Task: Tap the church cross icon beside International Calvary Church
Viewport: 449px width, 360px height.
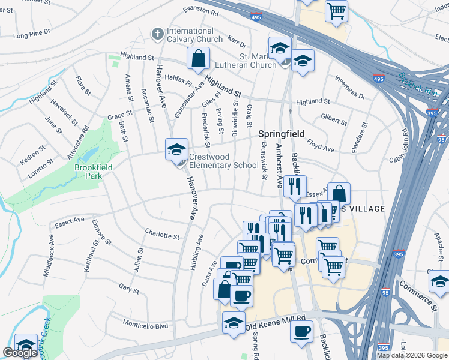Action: [x=158, y=34]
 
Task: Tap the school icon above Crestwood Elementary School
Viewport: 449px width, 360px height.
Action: [x=176, y=149]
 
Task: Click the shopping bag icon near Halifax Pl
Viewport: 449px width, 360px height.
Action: [x=198, y=59]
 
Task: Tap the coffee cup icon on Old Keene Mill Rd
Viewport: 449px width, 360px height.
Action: [x=301, y=330]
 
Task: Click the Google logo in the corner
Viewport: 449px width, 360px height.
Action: [x=20, y=353]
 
